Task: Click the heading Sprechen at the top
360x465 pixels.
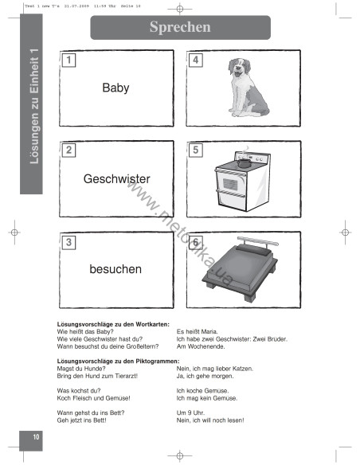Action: coord(179,27)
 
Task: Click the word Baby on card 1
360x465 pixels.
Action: coord(115,88)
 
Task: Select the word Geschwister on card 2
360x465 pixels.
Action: coord(116,179)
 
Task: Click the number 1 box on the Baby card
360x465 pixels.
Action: coord(69,60)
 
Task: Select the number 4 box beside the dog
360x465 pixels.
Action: coord(196,60)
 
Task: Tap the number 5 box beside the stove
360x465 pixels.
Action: coord(196,150)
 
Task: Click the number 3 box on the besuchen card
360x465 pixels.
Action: coord(69,241)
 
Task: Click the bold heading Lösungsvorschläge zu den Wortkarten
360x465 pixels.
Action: coord(108,324)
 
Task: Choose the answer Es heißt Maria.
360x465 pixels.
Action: coord(197,331)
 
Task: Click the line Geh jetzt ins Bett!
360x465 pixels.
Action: coord(82,420)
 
